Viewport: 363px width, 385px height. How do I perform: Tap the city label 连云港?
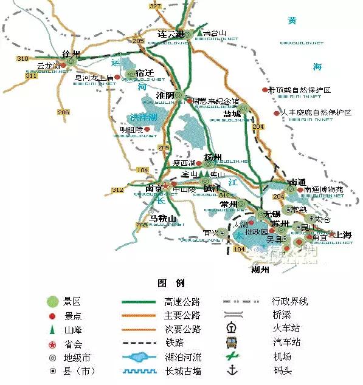(171, 33)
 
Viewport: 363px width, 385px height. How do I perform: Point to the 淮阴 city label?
(165, 95)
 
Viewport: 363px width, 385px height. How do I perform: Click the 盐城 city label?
(232, 114)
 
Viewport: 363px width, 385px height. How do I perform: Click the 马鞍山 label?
(162, 219)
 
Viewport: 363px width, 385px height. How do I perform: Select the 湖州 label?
(260, 271)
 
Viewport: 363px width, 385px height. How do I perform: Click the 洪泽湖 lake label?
(142, 117)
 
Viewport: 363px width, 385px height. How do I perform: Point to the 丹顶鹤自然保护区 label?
(303, 90)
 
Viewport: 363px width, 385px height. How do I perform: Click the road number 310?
(23, 58)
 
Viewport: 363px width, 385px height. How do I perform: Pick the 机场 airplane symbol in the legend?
(231, 356)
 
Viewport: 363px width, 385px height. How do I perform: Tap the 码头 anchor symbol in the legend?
(231, 370)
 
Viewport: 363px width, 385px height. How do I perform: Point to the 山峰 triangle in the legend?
(53, 329)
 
